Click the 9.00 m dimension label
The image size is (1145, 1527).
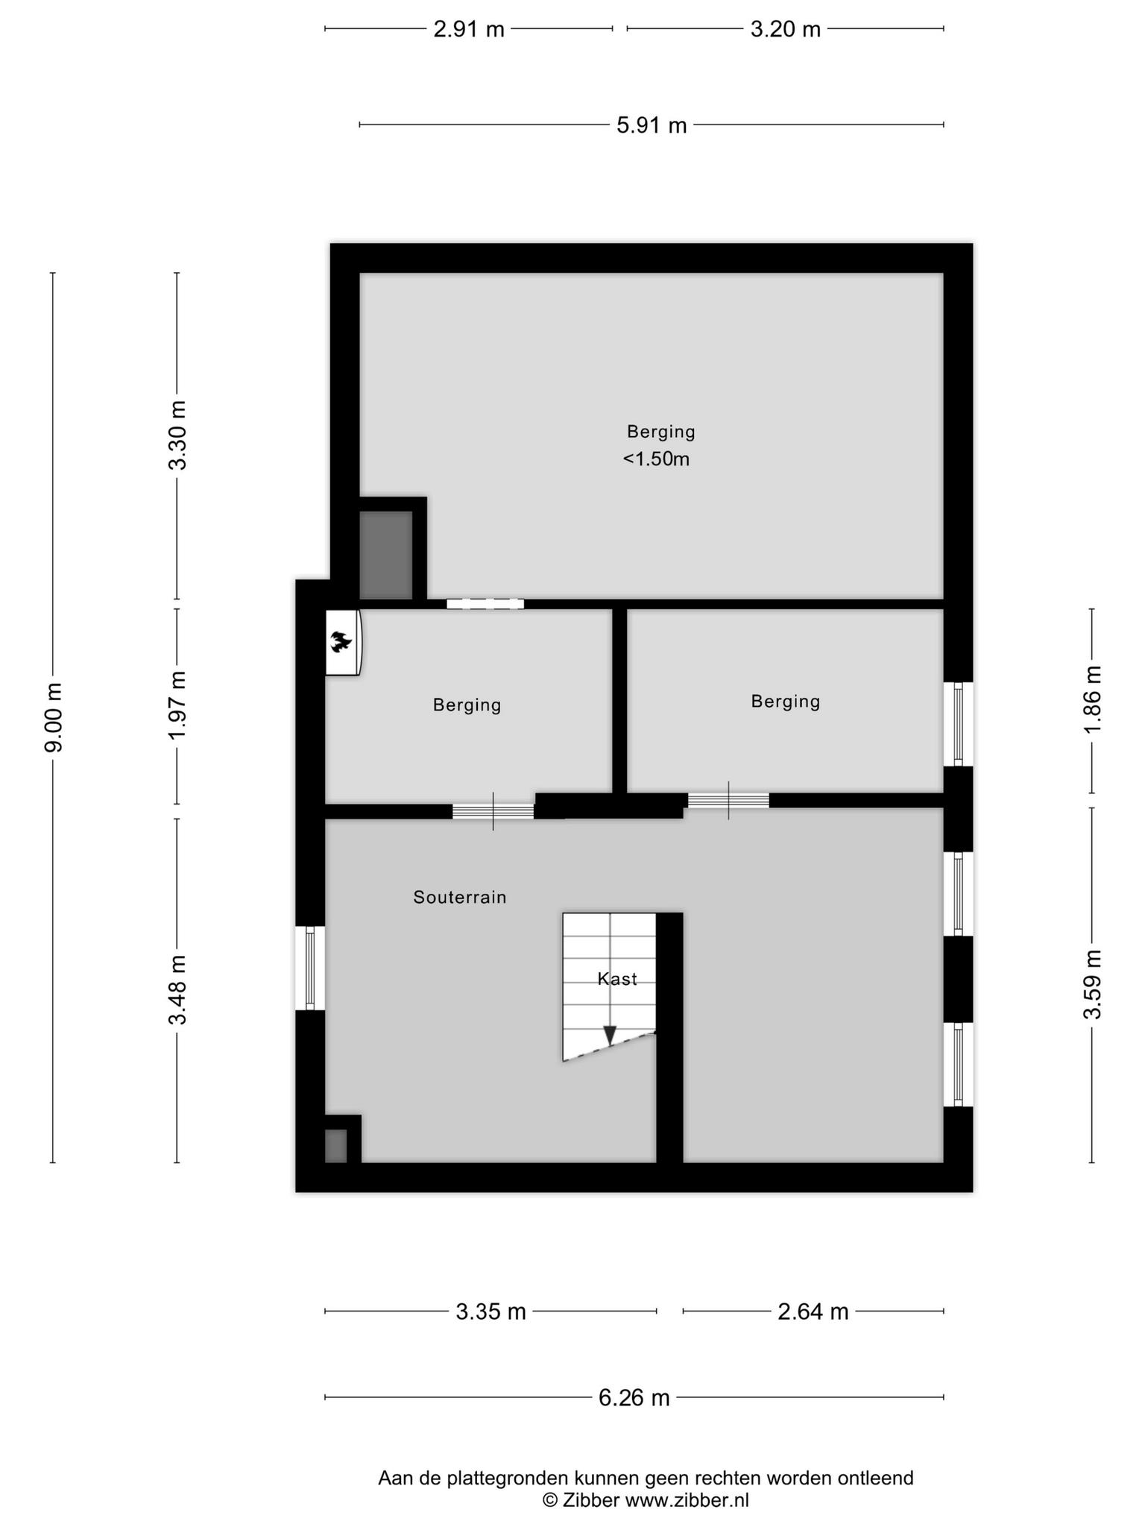(54, 717)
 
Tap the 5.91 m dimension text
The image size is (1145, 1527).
(652, 125)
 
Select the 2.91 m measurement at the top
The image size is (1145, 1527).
(469, 29)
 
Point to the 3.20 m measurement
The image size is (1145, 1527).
(785, 29)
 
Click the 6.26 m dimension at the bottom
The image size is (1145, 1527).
(634, 1397)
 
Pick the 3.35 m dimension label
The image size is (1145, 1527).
(491, 1311)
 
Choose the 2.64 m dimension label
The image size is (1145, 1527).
(813, 1311)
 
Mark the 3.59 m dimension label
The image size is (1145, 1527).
(1092, 984)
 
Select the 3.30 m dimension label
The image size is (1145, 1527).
(177, 435)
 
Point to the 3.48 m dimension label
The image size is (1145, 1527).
(177, 990)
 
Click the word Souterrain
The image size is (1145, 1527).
(460, 897)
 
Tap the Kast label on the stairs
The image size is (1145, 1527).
(617, 979)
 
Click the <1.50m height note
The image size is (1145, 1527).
(656, 459)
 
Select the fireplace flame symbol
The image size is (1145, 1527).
(341, 641)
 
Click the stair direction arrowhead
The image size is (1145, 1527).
(610, 1036)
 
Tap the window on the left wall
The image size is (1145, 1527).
(310, 968)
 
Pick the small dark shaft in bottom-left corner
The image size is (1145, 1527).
(336, 1146)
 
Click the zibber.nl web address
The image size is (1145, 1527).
(687, 1500)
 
